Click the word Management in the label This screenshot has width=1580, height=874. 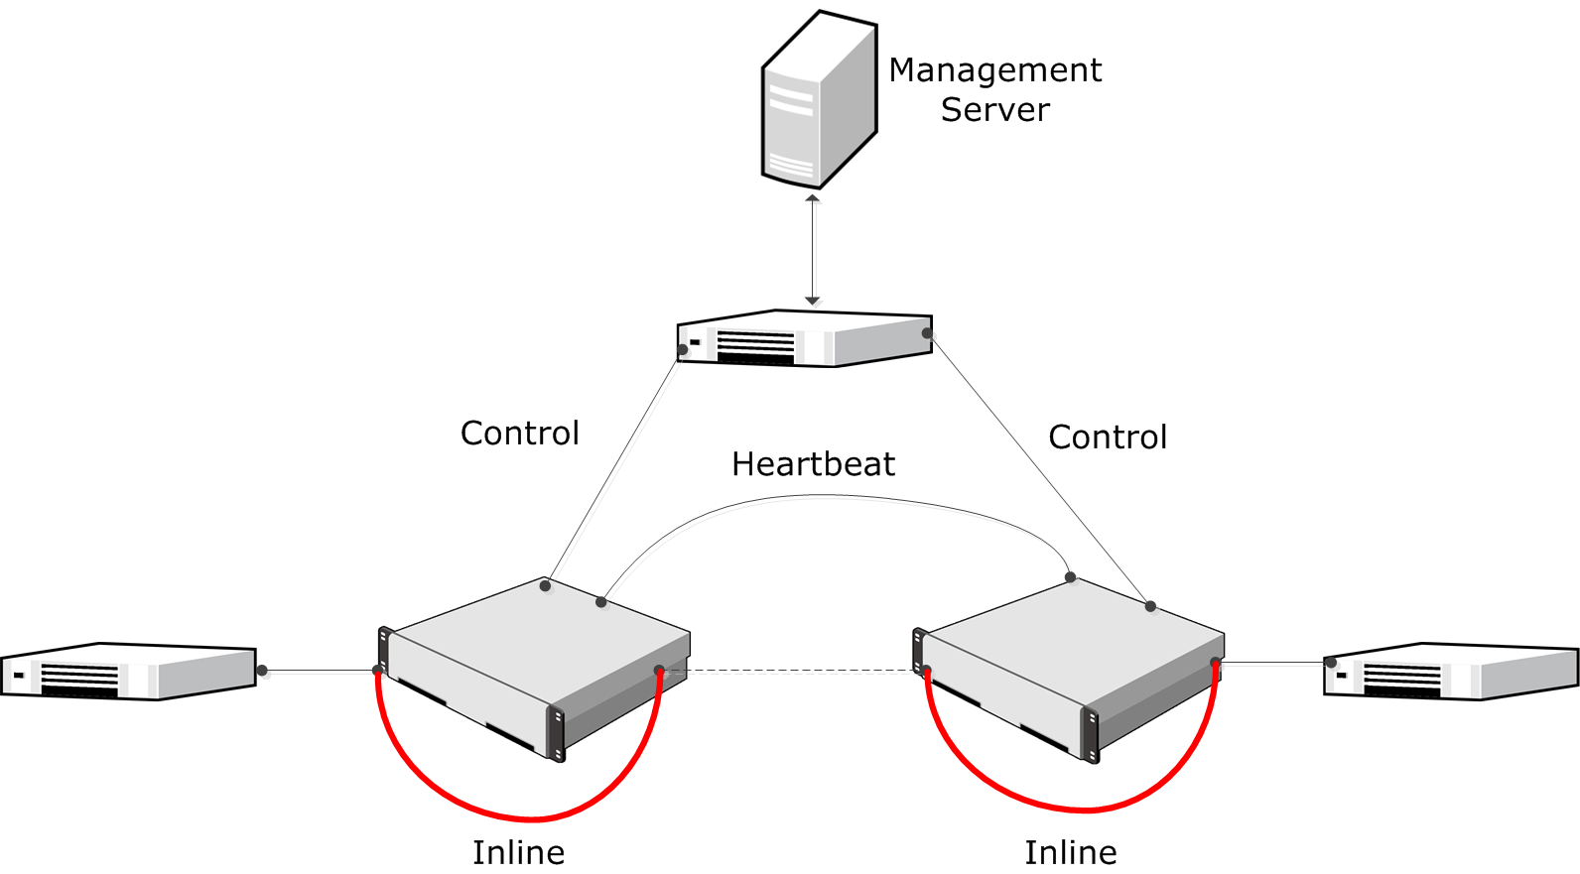pyautogui.click(x=994, y=70)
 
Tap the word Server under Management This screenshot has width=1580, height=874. pyautogui.click(x=994, y=110)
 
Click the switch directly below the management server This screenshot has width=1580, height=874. pyautogui.click(x=804, y=339)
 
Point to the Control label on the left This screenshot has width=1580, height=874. pyautogui.click(x=519, y=434)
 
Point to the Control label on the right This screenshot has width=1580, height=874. pyautogui.click(x=1108, y=437)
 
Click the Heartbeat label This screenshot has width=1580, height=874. pyautogui.click(x=813, y=464)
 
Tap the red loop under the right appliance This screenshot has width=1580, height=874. pyautogui.click(x=1082, y=810)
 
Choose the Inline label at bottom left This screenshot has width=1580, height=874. pyautogui.click(x=518, y=853)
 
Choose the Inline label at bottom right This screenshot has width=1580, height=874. pyautogui.click(x=1070, y=853)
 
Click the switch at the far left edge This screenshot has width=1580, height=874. pyautogui.click(x=129, y=672)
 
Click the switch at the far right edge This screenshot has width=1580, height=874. pyautogui.click(x=1451, y=672)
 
